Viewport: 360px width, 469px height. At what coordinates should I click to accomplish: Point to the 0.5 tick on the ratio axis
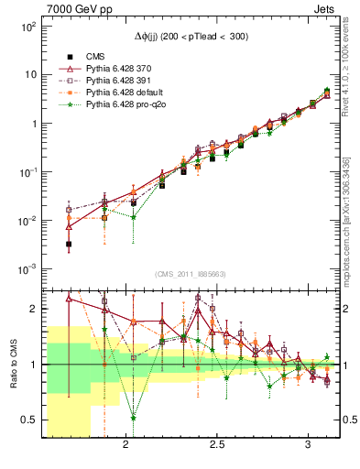[x=28, y=420]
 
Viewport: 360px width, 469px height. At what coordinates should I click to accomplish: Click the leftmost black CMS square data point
[x=69, y=244]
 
